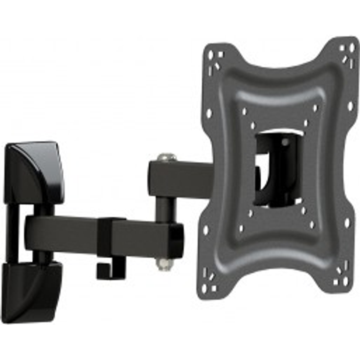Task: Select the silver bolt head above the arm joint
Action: click(x=167, y=157)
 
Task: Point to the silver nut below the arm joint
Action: click(x=165, y=264)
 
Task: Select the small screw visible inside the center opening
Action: click(x=285, y=142)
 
